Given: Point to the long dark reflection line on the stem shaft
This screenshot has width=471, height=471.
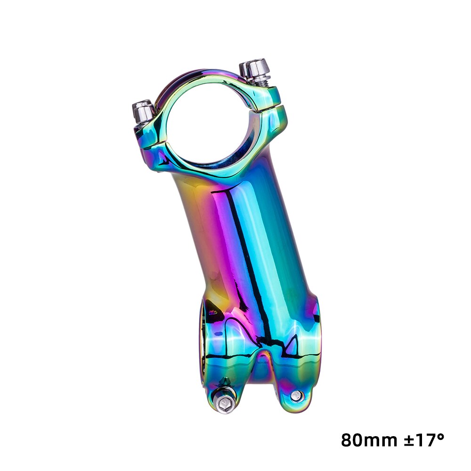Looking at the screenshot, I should pos(250,254).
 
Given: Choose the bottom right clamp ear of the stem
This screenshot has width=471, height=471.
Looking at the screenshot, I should pos(294,386).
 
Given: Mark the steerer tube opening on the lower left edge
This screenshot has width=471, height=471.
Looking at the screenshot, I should pos(203,339).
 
